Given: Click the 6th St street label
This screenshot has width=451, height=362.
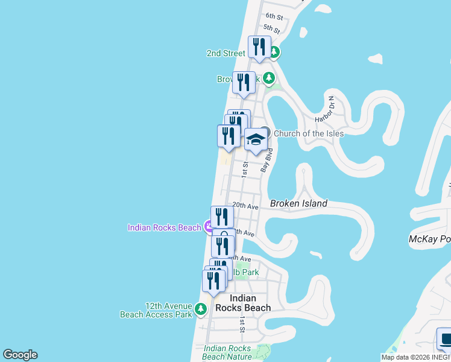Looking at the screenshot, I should tap(274, 16).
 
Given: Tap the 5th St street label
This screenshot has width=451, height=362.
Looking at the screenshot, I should tap(271, 28).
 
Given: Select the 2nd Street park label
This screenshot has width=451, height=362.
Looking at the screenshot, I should tap(226, 53).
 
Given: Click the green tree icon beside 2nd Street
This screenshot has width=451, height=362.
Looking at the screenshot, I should tap(274, 52).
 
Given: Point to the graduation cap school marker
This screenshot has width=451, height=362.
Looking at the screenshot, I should tap(256, 140).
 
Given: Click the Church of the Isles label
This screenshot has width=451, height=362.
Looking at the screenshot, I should tap(309, 133).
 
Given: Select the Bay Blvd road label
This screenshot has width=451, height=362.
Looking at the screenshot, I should tap(264, 161).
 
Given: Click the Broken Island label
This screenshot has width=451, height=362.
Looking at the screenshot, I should tap(298, 203).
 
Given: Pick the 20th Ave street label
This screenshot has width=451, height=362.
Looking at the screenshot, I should tap(245, 206).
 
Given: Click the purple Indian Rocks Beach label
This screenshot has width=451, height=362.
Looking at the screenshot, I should tap(164, 227).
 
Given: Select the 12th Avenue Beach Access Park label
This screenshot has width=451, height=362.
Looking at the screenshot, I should tap(156, 310).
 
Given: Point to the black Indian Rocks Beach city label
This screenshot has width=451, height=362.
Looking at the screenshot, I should tap(251, 303).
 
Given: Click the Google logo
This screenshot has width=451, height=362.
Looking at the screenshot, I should tap(20, 355).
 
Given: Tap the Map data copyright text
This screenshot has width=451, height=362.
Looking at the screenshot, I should tap(415, 357).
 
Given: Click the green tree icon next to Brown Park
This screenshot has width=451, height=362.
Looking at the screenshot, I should tap(268, 78).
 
